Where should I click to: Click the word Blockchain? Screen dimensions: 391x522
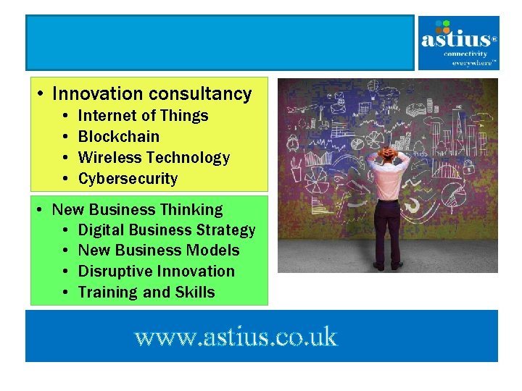click(x=118, y=136)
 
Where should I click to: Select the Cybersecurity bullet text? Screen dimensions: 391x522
click(x=128, y=178)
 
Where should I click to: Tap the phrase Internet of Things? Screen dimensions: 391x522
click(x=143, y=115)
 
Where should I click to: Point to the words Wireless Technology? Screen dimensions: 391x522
click(x=154, y=157)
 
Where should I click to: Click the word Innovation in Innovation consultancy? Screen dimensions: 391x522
click(x=98, y=93)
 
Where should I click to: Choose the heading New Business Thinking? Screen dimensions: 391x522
click(x=138, y=209)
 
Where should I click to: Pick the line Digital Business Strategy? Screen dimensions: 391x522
click(x=167, y=230)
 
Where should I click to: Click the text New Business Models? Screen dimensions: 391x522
click(x=158, y=251)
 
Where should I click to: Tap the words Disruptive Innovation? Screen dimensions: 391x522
click(x=156, y=272)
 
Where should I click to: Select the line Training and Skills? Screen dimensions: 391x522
click(x=146, y=293)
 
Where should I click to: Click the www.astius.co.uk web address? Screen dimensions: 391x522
click(x=236, y=337)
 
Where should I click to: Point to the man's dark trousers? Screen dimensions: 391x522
click(x=389, y=232)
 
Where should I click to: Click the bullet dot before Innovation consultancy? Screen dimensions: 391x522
click(x=41, y=94)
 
